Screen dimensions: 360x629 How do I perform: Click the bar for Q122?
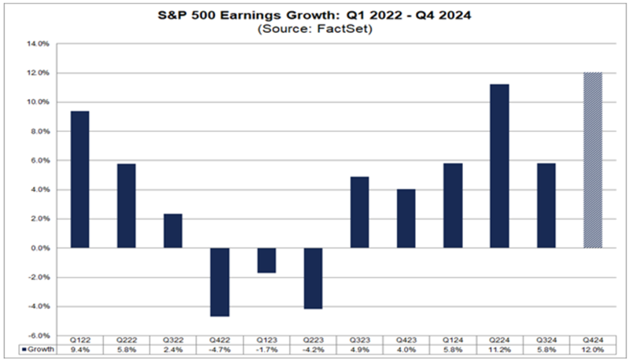[x=79, y=179]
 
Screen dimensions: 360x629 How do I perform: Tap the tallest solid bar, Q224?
[x=499, y=166]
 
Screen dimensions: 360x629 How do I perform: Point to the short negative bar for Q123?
[x=267, y=260]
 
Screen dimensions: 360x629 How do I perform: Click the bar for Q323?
[x=359, y=212]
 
